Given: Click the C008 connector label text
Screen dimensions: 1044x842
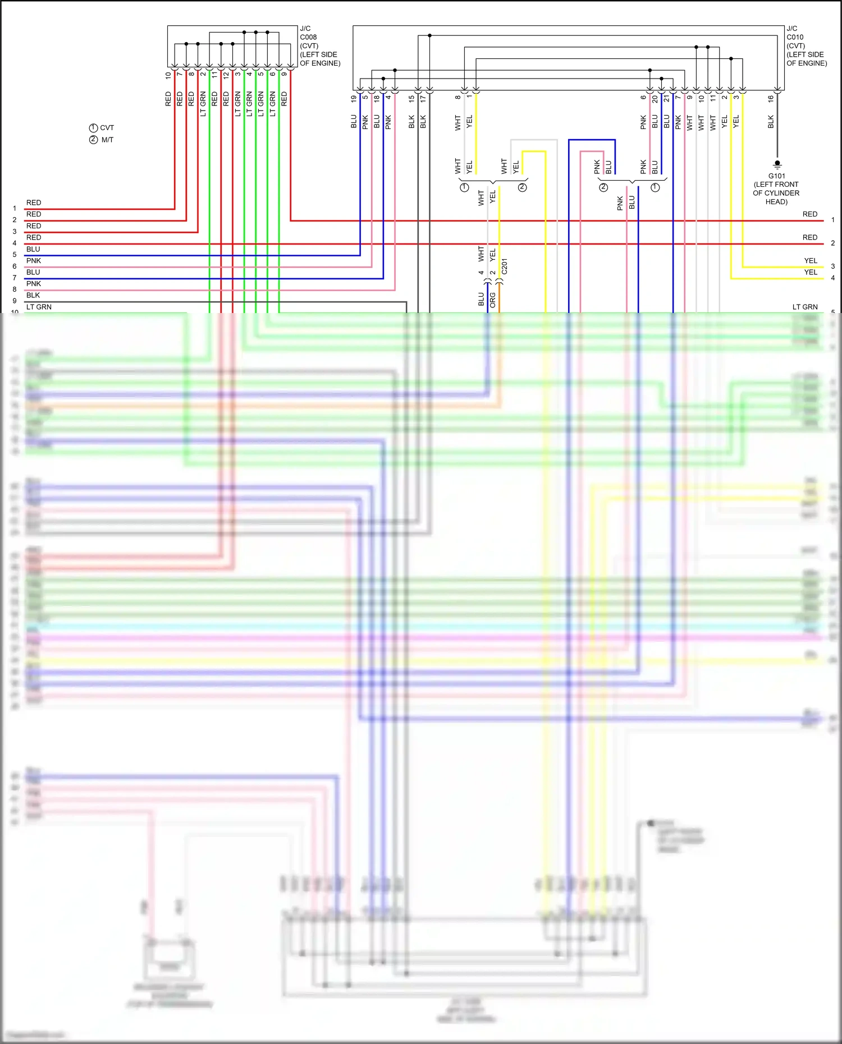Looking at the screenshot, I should [308, 37].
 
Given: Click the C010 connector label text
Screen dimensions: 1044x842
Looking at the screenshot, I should [795, 37].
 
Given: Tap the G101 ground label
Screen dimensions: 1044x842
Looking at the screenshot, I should [777, 176].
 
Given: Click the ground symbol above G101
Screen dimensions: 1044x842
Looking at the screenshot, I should [777, 164].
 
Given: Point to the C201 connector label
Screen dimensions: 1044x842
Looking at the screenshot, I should [504, 266].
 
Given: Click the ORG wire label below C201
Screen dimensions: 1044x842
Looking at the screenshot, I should [492, 300].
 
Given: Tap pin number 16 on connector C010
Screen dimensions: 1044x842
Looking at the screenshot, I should [771, 98].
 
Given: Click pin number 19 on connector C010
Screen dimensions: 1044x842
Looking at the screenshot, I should [354, 98].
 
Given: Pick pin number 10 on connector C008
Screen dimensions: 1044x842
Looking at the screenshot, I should [168, 75].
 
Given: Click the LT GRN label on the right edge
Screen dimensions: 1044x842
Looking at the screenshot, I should [805, 307].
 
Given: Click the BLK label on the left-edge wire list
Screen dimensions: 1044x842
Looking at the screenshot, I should [33, 295].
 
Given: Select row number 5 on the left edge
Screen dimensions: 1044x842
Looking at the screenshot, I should [15, 255].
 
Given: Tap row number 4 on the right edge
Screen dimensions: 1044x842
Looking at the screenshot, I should [833, 278].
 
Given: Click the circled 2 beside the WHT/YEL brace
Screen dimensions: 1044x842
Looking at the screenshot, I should [523, 187].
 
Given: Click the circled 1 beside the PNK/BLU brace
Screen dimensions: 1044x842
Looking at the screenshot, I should [655, 187].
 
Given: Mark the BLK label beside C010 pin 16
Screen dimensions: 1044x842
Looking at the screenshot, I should [771, 122].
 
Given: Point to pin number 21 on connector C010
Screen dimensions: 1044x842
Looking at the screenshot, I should [666, 98].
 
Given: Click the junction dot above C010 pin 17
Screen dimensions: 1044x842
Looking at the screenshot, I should [429, 35].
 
